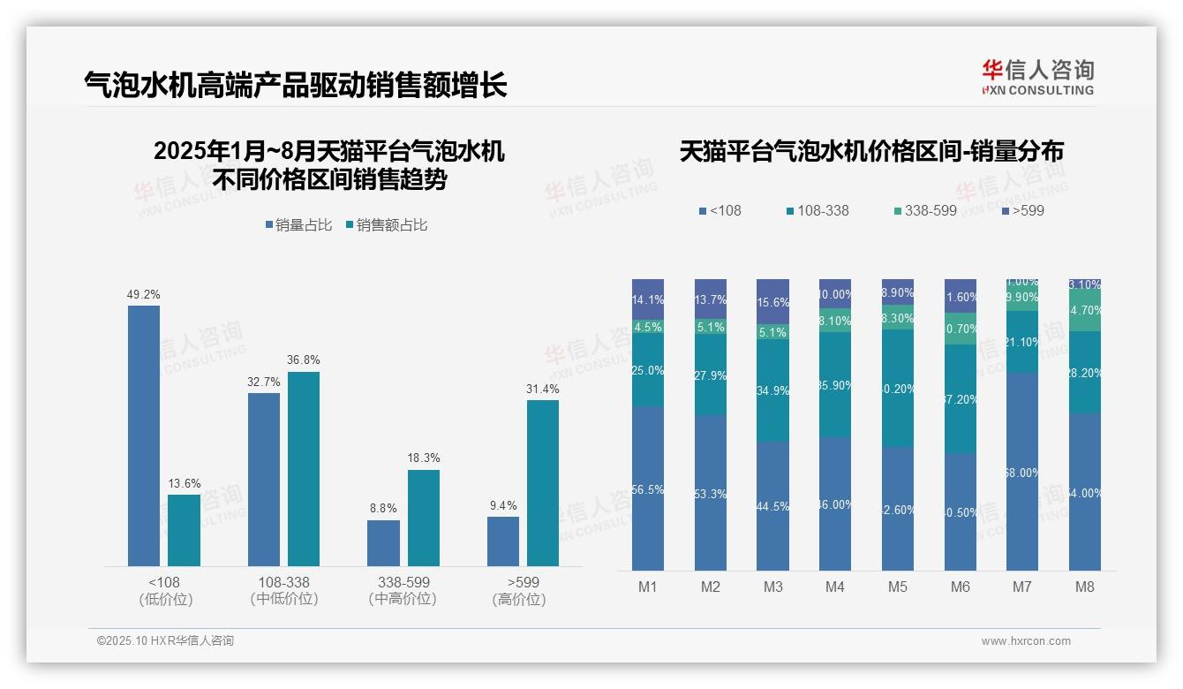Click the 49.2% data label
pyautogui.click(x=144, y=295)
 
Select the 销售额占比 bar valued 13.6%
pyautogui.click(x=184, y=530)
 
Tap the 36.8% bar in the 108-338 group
pyautogui.click(x=304, y=468)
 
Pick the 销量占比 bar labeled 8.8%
pyautogui.click(x=383, y=542)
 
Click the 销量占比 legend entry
pyautogui.click(x=298, y=225)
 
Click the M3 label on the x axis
pyautogui.click(x=772, y=587)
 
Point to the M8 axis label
pyautogui.click(x=1085, y=587)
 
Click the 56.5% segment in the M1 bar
pyautogui.click(x=648, y=488)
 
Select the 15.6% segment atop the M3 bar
pyautogui.click(x=772, y=301)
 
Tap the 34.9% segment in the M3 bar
pyautogui.click(x=772, y=390)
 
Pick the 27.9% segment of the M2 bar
pyautogui.click(x=711, y=375)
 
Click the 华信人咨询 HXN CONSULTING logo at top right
pyautogui.click(x=1037, y=78)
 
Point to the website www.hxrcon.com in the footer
pyautogui.click(x=1026, y=641)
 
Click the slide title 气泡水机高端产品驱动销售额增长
pyautogui.click(x=296, y=85)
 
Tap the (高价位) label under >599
pyautogui.click(x=519, y=599)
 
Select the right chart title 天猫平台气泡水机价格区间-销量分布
pyautogui.click(x=871, y=152)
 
